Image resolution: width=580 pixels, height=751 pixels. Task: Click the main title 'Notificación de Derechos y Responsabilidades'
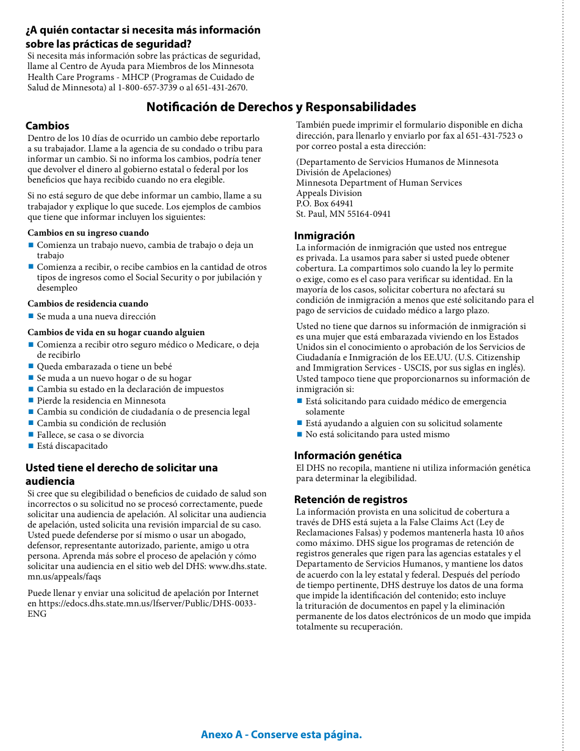[x=281, y=107]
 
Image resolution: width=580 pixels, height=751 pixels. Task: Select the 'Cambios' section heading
[x=47, y=126]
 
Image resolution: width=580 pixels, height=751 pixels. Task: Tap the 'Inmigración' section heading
[x=324, y=236]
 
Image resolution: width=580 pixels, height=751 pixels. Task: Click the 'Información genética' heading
[x=347, y=455]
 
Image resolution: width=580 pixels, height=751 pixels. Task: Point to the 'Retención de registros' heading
[x=350, y=499]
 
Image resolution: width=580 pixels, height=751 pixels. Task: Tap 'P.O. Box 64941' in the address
[x=325, y=203]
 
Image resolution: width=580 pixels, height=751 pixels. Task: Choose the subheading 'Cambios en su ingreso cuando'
[x=88, y=233]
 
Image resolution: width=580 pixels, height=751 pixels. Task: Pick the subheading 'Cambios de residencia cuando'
[x=88, y=303]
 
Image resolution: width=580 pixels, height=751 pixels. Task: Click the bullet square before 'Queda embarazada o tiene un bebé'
[x=31, y=366]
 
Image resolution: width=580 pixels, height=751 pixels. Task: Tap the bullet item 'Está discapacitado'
[x=72, y=446]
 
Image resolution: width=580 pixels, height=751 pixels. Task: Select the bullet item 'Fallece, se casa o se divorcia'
[x=90, y=435]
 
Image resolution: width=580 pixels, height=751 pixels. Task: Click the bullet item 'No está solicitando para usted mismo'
[x=377, y=434]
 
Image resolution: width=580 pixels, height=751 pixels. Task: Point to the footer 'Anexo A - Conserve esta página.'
[x=281, y=735]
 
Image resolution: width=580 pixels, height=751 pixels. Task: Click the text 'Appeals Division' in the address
[x=329, y=193]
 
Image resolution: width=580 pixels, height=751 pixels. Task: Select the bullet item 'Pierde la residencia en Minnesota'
[x=101, y=401]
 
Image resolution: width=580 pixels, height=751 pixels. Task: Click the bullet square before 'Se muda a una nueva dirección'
[x=31, y=316]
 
